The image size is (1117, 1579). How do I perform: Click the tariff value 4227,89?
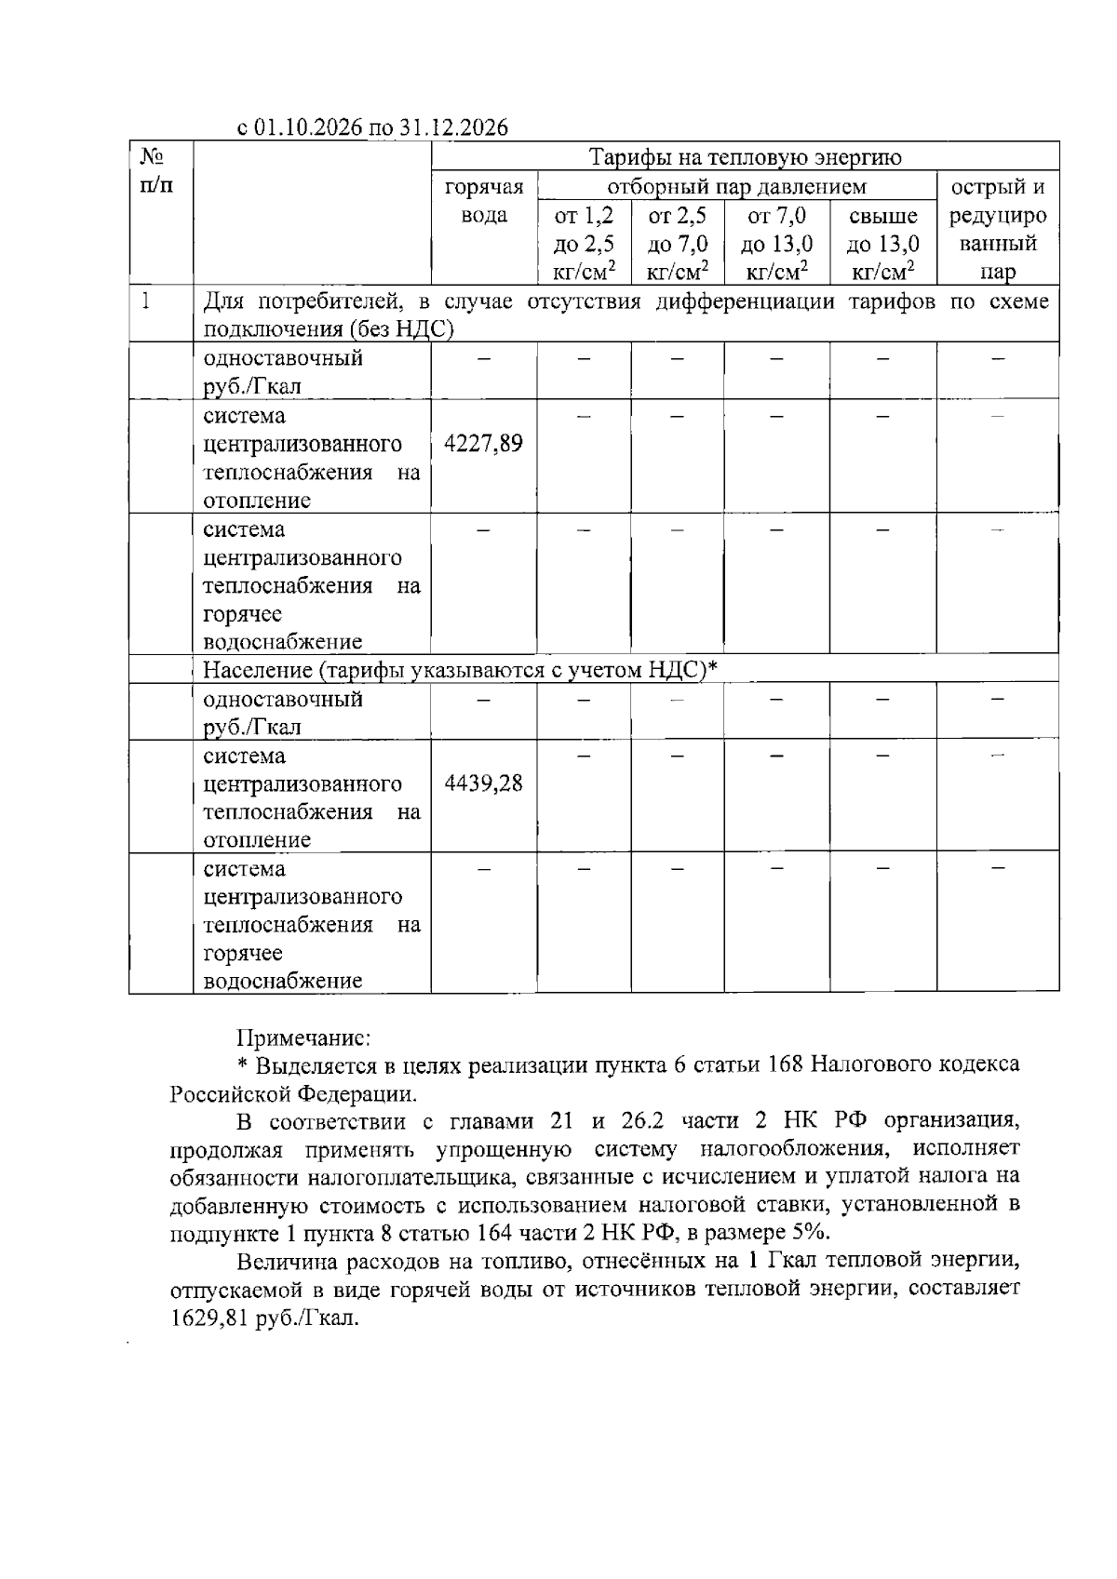pyautogui.click(x=483, y=444)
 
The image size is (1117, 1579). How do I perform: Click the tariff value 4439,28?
pyautogui.click(x=483, y=783)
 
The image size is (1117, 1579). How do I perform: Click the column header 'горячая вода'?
pyautogui.click(x=484, y=202)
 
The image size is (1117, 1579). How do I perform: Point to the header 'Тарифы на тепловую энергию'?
pyautogui.click(x=745, y=157)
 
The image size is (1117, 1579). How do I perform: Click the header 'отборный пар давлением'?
pyautogui.click(x=736, y=187)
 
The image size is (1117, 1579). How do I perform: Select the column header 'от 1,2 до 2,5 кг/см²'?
pyautogui.click(x=585, y=244)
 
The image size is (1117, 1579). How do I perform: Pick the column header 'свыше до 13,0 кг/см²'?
pyautogui.click(x=882, y=244)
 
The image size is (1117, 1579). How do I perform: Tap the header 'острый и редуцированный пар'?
pyautogui.click(x=998, y=230)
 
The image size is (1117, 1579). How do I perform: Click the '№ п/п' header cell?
pyautogui.click(x=155, y=171)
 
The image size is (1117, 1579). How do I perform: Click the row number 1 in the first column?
pyautogui.click(x=144, y=302)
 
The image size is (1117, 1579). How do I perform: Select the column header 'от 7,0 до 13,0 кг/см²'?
pyautogui.click(x=777, y=244)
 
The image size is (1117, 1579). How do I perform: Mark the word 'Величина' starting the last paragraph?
pyautogui.click(x=280, y=1263)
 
